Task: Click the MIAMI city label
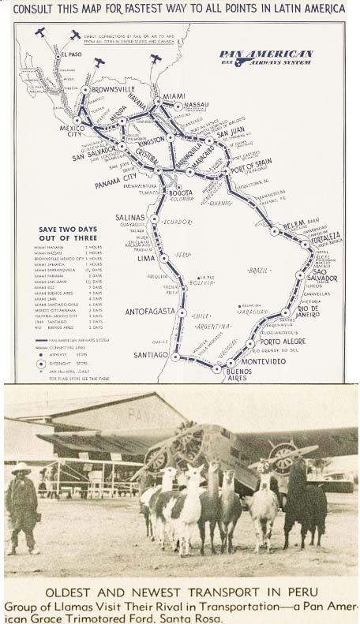168,101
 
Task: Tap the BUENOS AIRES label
238,374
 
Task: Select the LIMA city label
146,258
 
